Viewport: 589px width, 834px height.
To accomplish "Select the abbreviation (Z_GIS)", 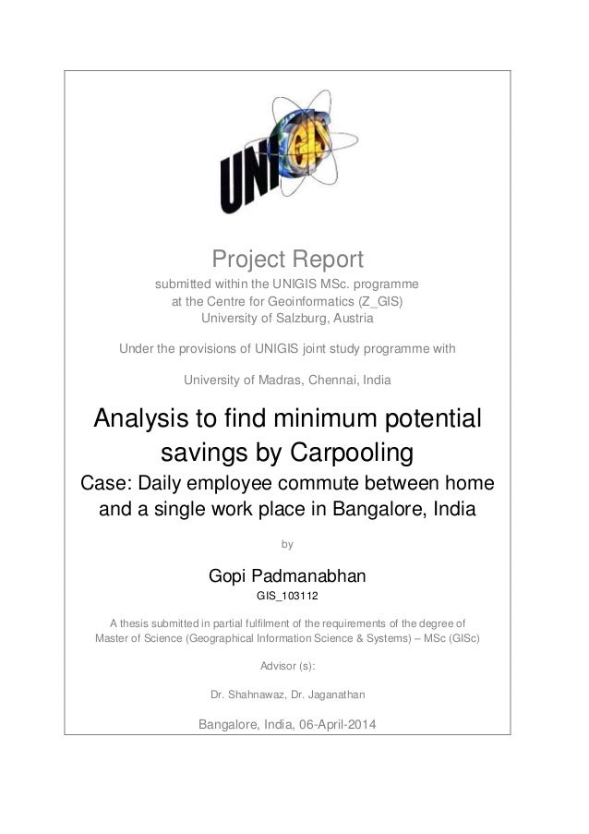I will point(378,301).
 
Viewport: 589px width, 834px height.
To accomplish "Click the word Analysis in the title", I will point(151,419).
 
